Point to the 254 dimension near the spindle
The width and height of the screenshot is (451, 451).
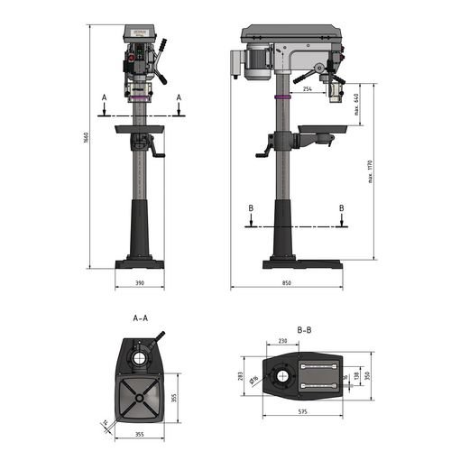click(308, 89)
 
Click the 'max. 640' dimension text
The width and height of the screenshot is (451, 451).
click(358, 105)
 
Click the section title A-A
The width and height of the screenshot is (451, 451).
click(140, 318)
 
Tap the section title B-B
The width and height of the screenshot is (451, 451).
click(304, 330)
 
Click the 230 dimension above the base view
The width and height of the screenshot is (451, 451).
click(282, 341)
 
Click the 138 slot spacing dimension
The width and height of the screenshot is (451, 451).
click(355, 373)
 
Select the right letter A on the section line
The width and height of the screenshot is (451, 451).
click(179, 97)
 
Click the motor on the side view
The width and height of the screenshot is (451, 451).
click(257, 61)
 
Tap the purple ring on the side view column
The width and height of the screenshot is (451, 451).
click(283, 97)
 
